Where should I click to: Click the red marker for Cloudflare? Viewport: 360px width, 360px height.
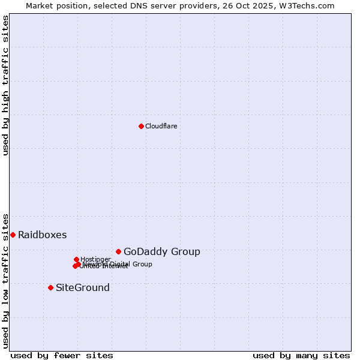coord(141,126)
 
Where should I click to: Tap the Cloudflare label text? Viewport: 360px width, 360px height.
coord(161,126)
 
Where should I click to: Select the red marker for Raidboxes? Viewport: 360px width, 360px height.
coord(13,235)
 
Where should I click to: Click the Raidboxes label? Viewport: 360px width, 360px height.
coord(42,235)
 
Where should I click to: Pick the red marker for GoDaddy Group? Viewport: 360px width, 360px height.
coord(118,251)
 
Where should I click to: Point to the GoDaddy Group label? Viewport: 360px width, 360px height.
coord(161,251)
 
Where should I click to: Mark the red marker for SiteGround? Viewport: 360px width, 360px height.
coord(50,287)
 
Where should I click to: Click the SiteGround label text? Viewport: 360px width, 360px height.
coord(82,287)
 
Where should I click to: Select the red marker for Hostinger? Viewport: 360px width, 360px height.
coord(76,259)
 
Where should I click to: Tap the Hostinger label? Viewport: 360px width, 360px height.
coord(95,259)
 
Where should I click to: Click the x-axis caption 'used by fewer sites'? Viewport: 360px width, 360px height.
coord(61,355)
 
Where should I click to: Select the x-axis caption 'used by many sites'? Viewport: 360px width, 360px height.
coord(301,355)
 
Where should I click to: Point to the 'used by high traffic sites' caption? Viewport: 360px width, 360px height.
coord(6,85)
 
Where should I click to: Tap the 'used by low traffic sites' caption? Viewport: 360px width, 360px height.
coord(6,280)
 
